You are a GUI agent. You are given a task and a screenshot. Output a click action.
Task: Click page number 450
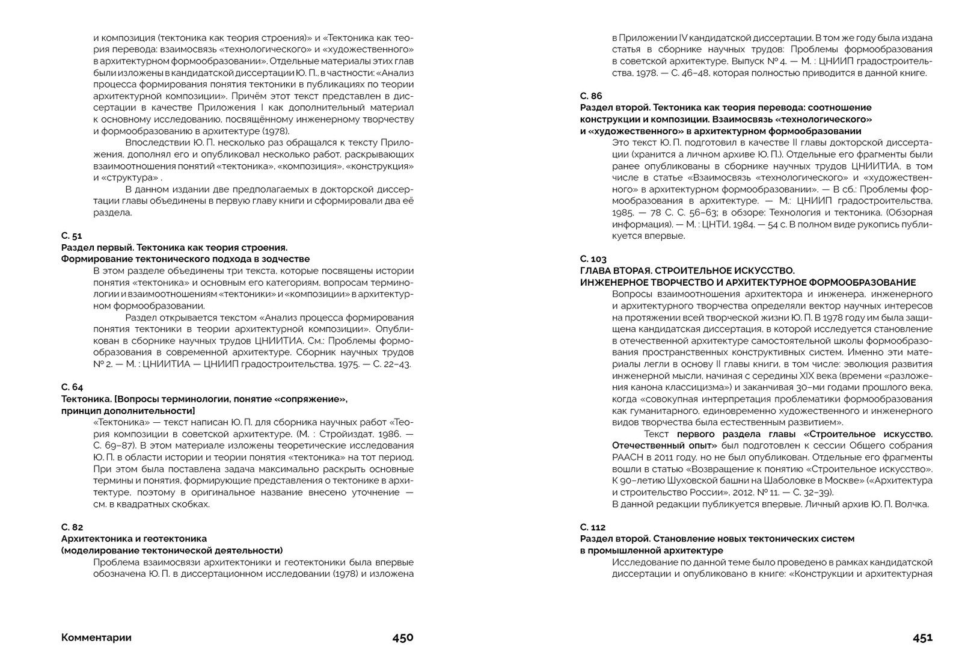click(403, 638)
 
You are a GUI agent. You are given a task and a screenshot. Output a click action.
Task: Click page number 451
click(922, 638)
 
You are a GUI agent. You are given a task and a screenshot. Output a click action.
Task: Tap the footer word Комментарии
click(96, 638)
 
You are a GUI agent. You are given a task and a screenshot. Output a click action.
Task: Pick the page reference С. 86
click(590, 96)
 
